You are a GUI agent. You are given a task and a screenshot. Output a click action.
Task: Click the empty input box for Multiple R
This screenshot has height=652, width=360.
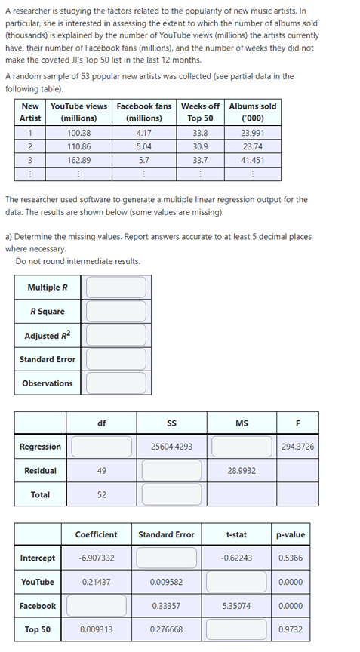click(x=115, y=288)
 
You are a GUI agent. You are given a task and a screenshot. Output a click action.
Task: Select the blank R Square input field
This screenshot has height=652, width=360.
click(x=115, y=312)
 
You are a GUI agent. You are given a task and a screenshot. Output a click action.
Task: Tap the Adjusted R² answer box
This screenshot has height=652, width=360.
click(x=115, y=336)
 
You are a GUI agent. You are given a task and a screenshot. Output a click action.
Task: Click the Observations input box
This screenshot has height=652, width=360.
click(x=115, y=383)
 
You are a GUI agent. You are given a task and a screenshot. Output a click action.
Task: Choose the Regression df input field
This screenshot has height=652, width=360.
click(x=101, y=447)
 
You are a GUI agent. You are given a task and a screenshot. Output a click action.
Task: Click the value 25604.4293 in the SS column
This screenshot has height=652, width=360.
click(x=171, y=447)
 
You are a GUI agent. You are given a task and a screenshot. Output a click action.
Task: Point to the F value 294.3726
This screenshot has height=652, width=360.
click(x=297, y=447)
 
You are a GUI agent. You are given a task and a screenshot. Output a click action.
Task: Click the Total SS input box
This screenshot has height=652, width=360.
click(x=171, y=495)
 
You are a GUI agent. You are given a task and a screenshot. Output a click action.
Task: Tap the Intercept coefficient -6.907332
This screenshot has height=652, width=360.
click(x=96, y=558)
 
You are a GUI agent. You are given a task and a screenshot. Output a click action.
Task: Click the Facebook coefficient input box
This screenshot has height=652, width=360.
click(x=96, y=606)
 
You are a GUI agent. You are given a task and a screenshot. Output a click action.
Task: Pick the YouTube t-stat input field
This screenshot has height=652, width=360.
click(x=236, y=583)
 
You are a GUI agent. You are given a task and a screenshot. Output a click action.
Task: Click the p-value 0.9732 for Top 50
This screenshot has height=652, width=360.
click(x=291, y=630)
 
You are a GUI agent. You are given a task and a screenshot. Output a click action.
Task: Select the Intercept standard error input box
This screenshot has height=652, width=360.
click(x=166, y=558)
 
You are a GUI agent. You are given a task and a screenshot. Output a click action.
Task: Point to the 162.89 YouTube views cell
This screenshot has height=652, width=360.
click(x=78, y=160)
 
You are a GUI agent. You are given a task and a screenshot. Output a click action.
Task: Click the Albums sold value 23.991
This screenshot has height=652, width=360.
click(x=252, y=132)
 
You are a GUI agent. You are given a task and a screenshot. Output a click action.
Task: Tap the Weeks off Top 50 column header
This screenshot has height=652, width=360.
click(x=200, y=112)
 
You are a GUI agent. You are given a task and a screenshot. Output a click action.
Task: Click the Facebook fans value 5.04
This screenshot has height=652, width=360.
click(x=143, y=146)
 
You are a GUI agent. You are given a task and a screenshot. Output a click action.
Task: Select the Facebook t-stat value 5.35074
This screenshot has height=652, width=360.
click(x=236, y=606)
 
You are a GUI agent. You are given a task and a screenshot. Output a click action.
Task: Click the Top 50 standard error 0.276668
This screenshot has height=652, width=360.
click(x=166, y=630)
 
